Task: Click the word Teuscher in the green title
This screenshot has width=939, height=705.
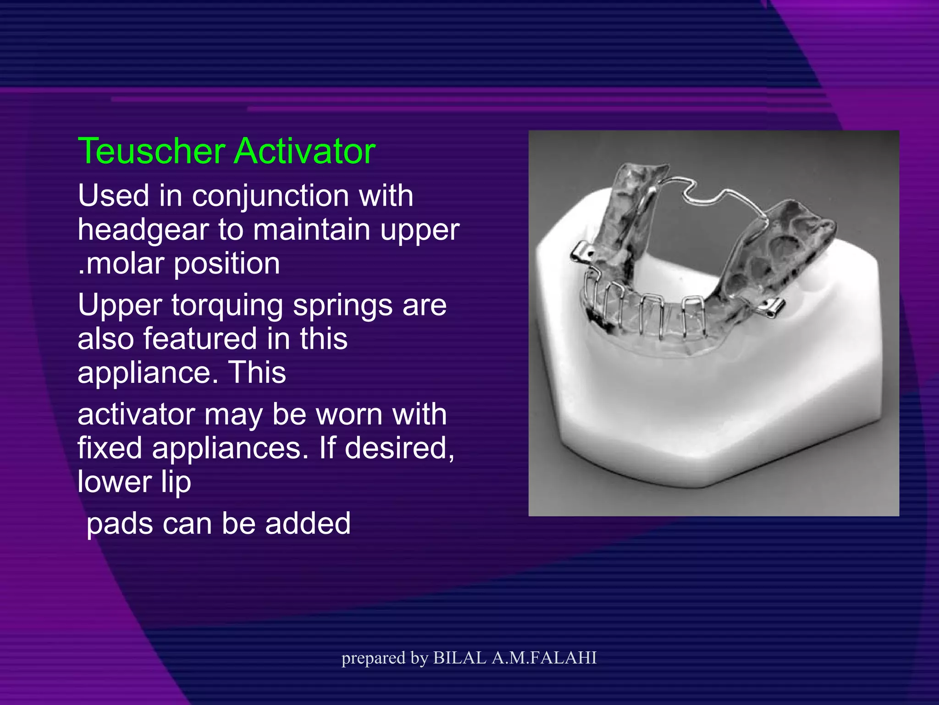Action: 152,151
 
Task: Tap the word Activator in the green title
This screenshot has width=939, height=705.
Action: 305,151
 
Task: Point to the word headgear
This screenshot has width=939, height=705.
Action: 144,230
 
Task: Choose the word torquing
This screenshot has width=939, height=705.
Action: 227,305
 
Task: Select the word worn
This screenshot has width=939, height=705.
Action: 349,414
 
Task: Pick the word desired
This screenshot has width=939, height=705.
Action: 399,448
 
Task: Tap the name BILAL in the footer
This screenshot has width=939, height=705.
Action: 459,658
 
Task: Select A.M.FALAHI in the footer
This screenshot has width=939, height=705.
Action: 544,658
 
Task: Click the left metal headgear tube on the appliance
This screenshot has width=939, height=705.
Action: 581,252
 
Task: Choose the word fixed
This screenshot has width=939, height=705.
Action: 110,448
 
